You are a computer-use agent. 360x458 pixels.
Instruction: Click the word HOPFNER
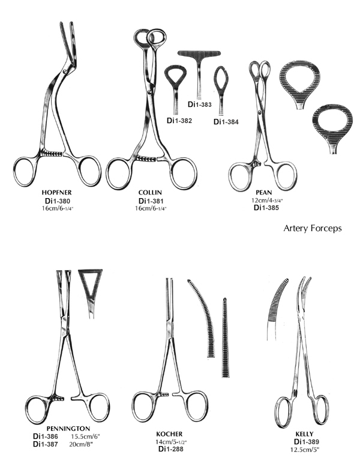tap(56, 193)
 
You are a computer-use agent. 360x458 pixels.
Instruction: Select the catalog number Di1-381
tap(151, 201)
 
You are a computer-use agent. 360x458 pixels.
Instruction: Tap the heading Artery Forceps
tap(313, 228)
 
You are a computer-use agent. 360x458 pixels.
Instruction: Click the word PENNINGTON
tap(68, 429)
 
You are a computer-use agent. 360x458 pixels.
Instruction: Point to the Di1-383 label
tap(200, 104)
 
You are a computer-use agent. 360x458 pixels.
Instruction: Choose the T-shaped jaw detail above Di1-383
tap(199, 74)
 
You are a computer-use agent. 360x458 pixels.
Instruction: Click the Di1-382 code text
tap(179, 120)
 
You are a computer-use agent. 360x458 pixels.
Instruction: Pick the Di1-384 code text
tap(226, 122)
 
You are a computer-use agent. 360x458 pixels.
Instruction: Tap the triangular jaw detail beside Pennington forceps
tap(90, 292)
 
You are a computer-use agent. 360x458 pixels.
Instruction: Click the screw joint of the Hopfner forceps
tap(68, 70)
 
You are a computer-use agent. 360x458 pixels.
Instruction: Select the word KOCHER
tap(169, 434)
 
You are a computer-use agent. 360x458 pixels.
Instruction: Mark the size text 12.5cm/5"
tap(305, 450)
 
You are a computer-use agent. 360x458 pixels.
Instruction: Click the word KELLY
tap(304, 434)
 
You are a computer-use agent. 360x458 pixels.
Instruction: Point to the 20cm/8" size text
tap(81, 444)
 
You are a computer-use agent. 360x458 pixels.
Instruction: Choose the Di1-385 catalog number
tap(266, 208)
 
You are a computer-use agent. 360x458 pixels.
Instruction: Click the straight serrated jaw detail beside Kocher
tap(225, 338)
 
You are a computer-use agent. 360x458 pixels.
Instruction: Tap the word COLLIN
tap(150, 193)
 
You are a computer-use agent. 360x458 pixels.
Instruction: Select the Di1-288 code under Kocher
tap(171, 448)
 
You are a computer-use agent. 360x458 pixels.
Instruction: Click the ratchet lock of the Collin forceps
tap(146, 159)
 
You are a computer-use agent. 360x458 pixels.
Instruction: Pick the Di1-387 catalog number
tap(45, 444)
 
